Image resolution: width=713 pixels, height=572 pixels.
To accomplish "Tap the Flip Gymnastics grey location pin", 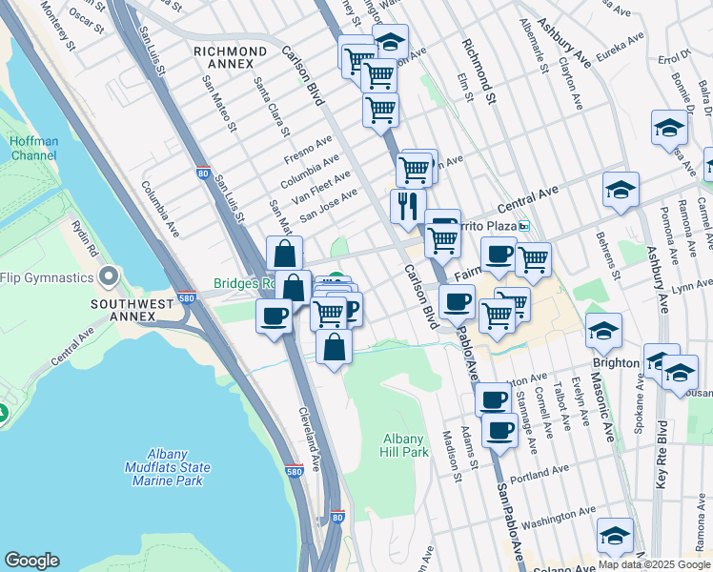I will click(108, 277).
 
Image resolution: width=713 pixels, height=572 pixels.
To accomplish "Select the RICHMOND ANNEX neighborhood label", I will click(230, 57).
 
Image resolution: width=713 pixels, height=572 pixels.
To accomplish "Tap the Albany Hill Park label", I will click(403, 445).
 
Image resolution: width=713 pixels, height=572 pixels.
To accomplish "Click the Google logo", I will click(31, 561).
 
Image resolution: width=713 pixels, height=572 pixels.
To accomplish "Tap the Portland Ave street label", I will click(539, 474).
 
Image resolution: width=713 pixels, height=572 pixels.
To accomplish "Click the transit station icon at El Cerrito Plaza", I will click(524, 227).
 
